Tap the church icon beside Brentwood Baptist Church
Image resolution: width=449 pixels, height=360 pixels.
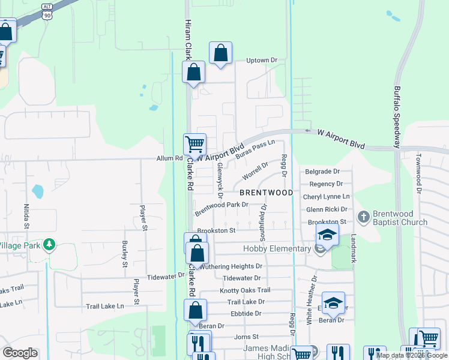click(363, 216)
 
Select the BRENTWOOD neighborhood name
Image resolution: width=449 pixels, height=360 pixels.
click(266, 193)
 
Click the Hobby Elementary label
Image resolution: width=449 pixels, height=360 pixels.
click(276, 248)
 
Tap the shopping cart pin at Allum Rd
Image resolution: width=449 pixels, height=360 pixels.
click(194, 144)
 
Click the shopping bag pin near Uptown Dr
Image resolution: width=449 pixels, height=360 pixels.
click(221, 53)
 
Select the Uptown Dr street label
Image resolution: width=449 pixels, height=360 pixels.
click(262, 61)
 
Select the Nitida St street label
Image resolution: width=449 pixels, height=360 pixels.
click(26, 216)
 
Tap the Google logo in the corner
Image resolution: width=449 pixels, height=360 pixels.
click(19, 353)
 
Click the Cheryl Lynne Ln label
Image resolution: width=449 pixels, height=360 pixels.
click(326, 196)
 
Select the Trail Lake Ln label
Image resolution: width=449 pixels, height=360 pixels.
click(104, 305)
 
